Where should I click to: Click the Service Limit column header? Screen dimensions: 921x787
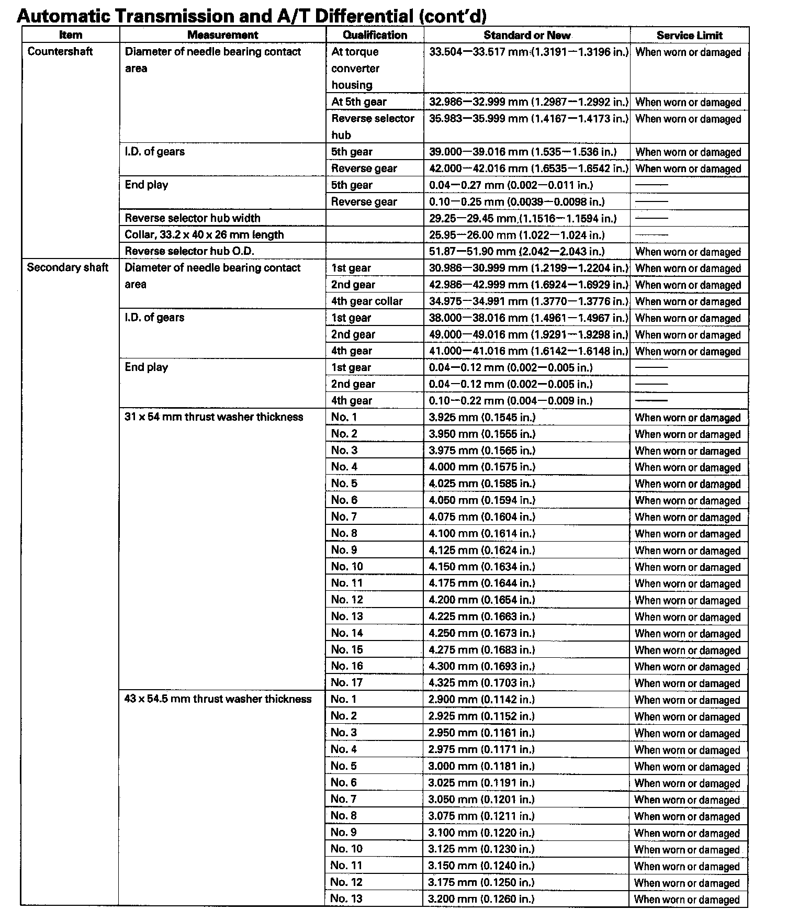coord(689,35)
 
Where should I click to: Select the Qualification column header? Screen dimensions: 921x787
coord(375,35)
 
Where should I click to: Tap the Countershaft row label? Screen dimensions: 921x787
coord(60,51)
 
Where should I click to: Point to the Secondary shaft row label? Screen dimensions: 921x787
coord(68,267)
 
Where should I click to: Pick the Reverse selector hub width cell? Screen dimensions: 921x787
coord(192,218)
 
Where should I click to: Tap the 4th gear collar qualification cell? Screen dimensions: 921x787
coord(367,301)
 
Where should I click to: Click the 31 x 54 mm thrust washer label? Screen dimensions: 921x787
coord(214,417)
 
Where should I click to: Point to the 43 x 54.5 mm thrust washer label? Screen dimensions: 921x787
coord(218,699)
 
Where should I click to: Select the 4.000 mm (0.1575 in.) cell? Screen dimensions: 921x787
coord(482,467)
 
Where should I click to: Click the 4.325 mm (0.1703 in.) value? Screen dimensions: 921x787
coord(481,682)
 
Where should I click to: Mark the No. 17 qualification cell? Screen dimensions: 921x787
coord(346,682)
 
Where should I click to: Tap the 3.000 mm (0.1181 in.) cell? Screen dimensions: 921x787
coord(481,766)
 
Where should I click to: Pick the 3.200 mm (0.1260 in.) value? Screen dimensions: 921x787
coord(481,899)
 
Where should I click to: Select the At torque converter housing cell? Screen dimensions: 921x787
coord(355,68)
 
